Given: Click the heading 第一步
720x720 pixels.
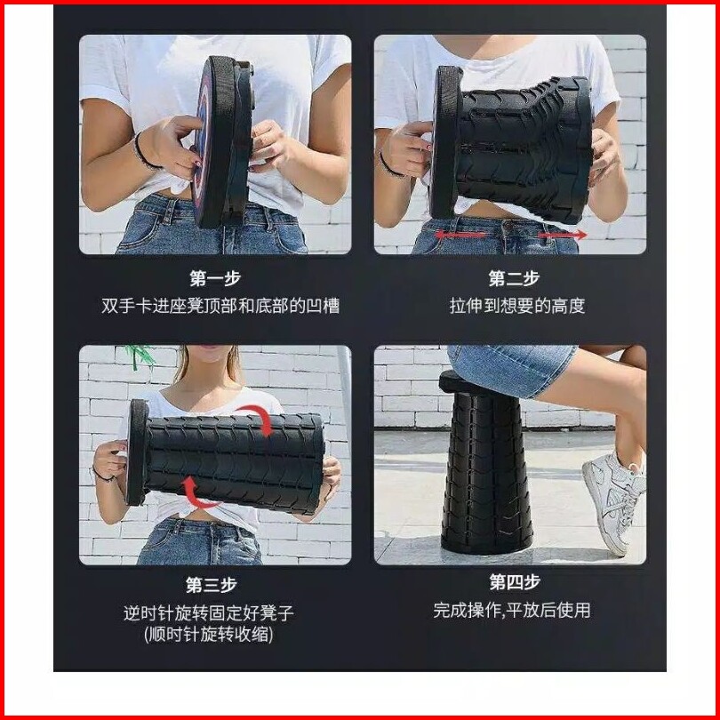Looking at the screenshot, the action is click(x=215, y=278).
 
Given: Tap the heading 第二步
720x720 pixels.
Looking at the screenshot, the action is click(x=514, y=278).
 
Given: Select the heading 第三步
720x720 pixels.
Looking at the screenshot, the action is click(x=212, y=585).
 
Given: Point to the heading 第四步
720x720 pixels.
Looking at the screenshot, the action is click(x=515, y=582).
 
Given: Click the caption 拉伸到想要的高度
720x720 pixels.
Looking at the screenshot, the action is click(x=517, y=306).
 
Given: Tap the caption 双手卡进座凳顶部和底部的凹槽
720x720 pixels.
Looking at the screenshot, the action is click(x=220, y=306).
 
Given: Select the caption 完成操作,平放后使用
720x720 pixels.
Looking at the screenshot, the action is click(x=511, y=611).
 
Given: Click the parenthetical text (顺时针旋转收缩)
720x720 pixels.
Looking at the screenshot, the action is click(x=209, y=634).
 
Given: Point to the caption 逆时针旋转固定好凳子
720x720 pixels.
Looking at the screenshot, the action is click(x=209, y=612).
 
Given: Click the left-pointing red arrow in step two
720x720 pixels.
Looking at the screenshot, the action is click(x=460, y=235).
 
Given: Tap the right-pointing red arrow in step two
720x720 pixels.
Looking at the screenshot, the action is click(x=563, y=235).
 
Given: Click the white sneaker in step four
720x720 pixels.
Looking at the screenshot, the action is click(x=613, y=503).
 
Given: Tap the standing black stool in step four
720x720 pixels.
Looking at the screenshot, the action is click(x=485, y=464).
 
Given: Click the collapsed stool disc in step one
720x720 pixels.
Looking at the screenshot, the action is click(x=223, y=141).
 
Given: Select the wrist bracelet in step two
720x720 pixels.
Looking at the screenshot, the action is click(x=390, y=166).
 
